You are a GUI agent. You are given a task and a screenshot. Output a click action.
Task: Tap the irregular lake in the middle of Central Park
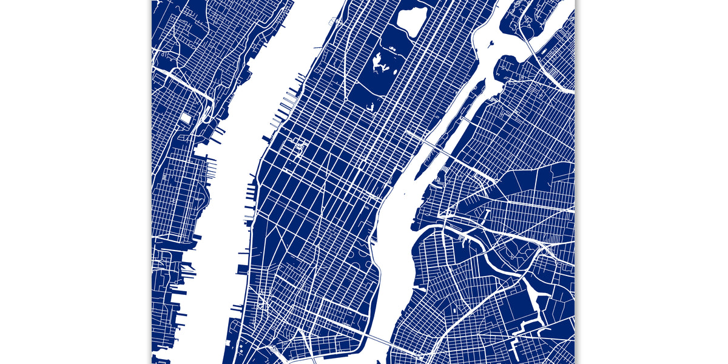pyautogui.click(x=380, y=62)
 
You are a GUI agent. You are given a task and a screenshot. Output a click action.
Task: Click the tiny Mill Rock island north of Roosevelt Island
pyautogui.click(x=490, y=44)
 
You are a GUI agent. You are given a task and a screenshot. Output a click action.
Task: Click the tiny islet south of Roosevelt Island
pyautogui.click(x=403, y=194)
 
